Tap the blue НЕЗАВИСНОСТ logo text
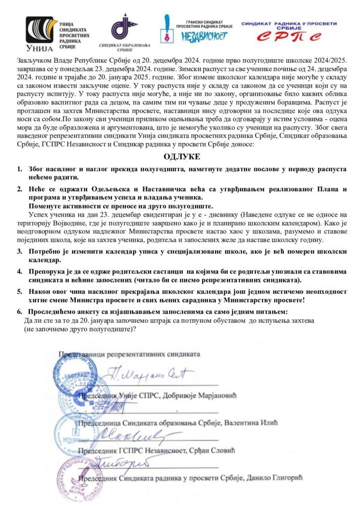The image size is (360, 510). [205, 36]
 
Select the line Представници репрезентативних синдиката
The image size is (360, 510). [129, 354]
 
